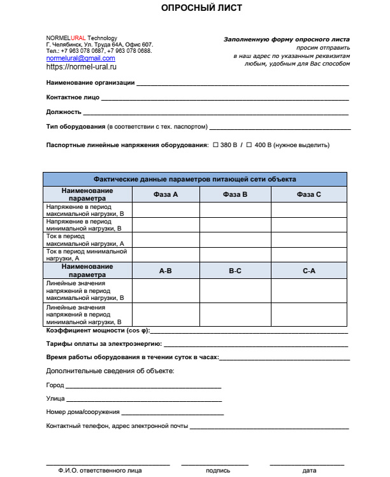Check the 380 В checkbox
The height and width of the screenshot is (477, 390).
[x=216, y=145]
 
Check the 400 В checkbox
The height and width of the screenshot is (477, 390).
[x=250, y=145]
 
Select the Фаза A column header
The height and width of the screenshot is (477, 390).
[x=166, y=194]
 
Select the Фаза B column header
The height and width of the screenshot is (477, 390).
[x=235, y=194]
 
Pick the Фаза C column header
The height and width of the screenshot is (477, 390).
[x=309, y=194]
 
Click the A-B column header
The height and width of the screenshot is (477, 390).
[x=166, y=271]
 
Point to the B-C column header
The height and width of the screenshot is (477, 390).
[x=235, y=271]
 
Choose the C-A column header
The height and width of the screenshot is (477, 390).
[x=309, y=271]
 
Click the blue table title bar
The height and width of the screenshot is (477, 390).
[x=195, y=179]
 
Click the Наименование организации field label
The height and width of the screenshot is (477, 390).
[x=90, y=83]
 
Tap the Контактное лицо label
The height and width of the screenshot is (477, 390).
[x=73, y=97]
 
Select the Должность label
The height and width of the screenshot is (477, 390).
[x=64, y=112]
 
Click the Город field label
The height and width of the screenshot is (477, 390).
[x=55, y=385]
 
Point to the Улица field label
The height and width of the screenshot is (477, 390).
[x=55, y=399]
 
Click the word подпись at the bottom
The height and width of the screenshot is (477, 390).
[x=218, y=471]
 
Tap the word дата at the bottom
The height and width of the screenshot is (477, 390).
[x=309, y=471]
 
